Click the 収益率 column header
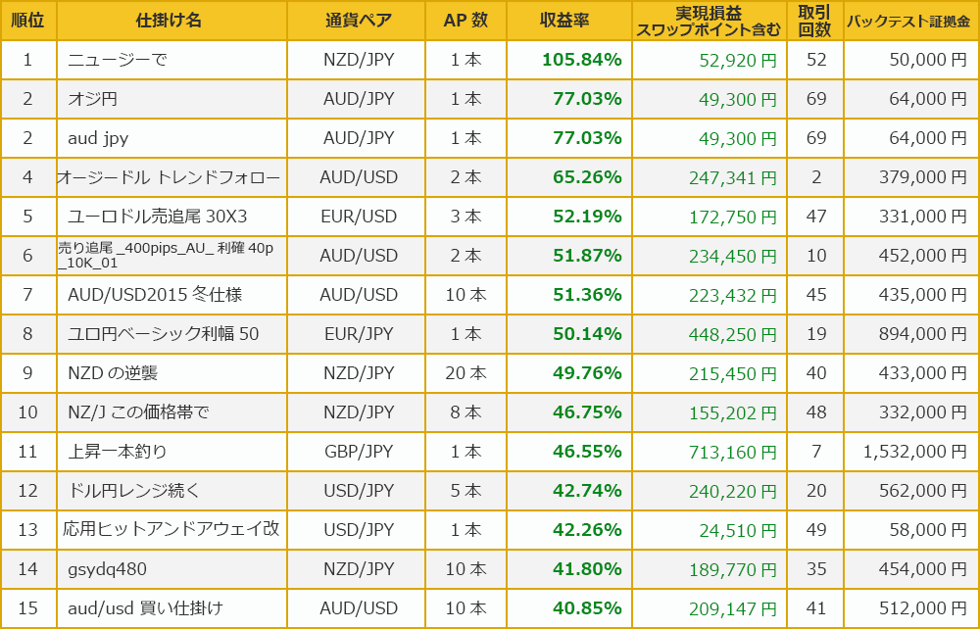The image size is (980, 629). (x=568, y=21)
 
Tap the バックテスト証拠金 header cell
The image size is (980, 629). (x=910, y=21)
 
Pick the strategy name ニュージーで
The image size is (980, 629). (x=118, y=60)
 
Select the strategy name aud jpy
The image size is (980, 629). (x=98, y=138)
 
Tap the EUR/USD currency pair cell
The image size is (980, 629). (x=358, y=217)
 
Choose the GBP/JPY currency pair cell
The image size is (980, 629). (x=358, y=452)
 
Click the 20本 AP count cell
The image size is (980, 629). (x=465, y=373)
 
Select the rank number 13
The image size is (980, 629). (x=27, y=530)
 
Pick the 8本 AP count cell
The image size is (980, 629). (x=465, y=412)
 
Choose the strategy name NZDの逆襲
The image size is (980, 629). (x=113, y=373)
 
